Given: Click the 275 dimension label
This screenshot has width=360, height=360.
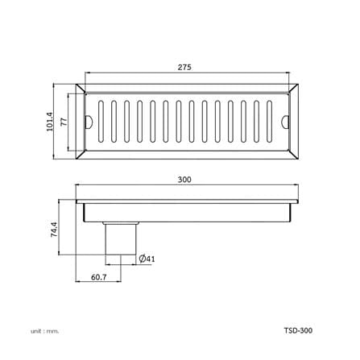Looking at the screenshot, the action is pyautogui.click(x=184, y=67).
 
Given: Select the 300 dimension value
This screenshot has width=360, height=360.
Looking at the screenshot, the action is pyautogui.click(x=184, y=180).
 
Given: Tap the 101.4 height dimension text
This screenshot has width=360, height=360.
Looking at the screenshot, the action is pyautogui.click(x=50, y=122).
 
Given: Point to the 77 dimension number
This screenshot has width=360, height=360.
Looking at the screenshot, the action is pyautogui.click(x=64, y=122).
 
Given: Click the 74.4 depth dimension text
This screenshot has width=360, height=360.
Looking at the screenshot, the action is pyautogui.click(x=54, y=229).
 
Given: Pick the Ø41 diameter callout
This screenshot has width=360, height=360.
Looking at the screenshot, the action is pyautogui.click(x=147, y=259).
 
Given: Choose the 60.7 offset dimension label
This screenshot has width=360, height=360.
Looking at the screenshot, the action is pyautogui.click(x=99, y=277).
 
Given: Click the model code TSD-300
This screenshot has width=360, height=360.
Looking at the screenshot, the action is pyautogui.click(x=298, y=330).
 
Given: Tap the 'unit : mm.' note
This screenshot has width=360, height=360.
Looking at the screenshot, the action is pyautogui.click(x=44, y=331).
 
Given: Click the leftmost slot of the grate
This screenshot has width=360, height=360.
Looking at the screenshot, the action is pyautogui.click(x=101, y=122).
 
